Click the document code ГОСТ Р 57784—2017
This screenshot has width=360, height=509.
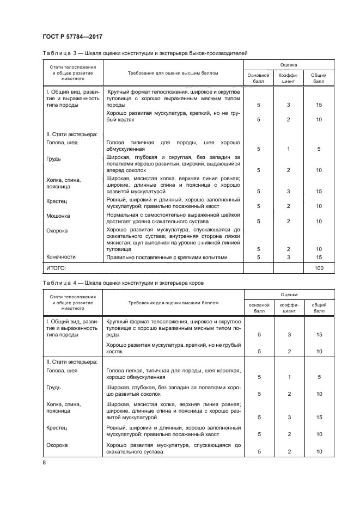72,36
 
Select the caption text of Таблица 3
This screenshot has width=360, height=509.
144,54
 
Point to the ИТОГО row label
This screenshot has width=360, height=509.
56,268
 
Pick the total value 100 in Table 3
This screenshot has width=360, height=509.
319,268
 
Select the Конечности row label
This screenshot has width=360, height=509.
62,256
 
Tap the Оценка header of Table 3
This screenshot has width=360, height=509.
289,64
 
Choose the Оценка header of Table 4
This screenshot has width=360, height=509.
289,293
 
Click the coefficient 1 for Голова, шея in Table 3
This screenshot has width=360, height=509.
288,148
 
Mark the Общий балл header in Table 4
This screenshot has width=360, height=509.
319,309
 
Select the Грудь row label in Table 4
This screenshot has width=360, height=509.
54,388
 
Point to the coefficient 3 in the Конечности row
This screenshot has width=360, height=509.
288,257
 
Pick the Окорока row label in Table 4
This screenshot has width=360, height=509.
57,445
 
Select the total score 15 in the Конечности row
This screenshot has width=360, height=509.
319,257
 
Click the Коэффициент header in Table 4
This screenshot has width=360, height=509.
288,309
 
